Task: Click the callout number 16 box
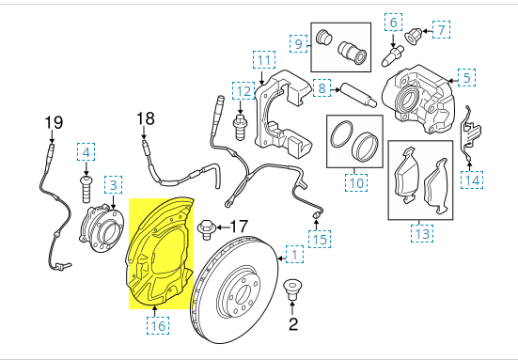point(157,325)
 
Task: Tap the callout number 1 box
point(294,254)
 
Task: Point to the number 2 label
point(291,325)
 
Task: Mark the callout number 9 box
point(300,43)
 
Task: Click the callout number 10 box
point(353,183)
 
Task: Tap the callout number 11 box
point(263,62)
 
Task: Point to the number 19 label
point(52,121)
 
